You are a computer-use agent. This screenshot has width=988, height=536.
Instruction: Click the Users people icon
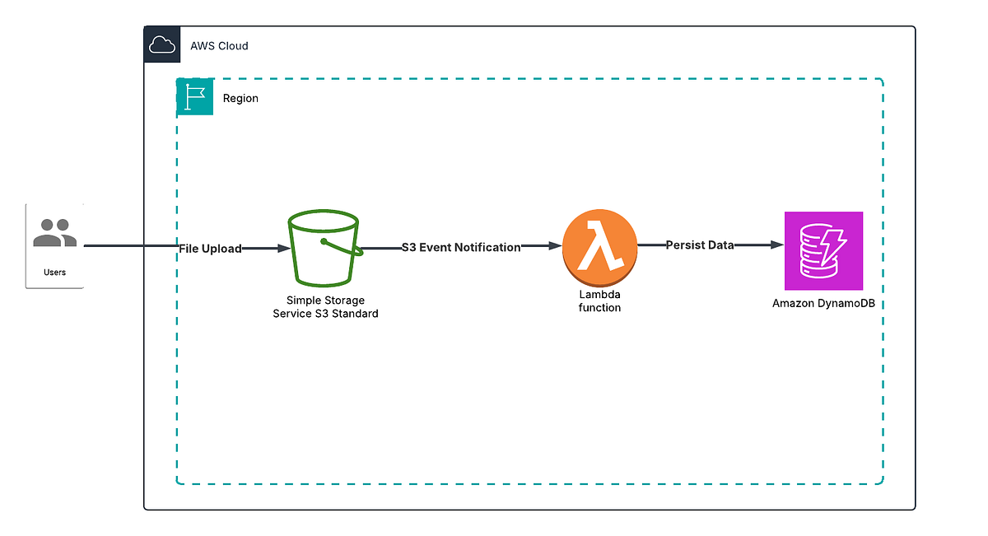point(54,233)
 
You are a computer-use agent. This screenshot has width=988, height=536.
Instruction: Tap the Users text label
point(54,272)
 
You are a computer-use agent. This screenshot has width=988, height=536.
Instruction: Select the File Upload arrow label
point(211,248)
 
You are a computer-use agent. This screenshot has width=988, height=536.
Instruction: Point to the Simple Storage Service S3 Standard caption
point(325,307)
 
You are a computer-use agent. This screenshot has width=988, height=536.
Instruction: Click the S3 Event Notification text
point(461,247)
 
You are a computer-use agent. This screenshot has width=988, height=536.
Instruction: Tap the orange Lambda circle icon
point(600,246)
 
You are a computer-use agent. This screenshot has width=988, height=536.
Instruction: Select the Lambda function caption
point(599,301)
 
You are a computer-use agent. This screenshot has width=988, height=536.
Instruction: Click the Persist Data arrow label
point(700,245)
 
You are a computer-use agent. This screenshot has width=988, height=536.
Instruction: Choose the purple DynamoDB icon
point(823,251)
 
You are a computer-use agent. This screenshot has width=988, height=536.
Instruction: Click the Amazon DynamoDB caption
point(823,303)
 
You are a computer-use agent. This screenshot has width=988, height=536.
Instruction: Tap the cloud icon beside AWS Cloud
point(162,45)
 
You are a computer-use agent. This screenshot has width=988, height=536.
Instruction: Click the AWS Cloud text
point(219,46)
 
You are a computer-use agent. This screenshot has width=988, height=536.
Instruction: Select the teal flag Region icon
point(195,97)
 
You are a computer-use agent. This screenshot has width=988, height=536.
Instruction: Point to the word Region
point(240,98)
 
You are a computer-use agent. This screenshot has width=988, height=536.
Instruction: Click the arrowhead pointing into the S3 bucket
point(284,248)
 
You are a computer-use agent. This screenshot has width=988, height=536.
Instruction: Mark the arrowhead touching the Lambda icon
point(555,245)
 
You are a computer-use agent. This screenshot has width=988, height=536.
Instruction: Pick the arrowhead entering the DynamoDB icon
point(776,245)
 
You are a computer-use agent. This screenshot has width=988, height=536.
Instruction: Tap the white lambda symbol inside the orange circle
point(599,246)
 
